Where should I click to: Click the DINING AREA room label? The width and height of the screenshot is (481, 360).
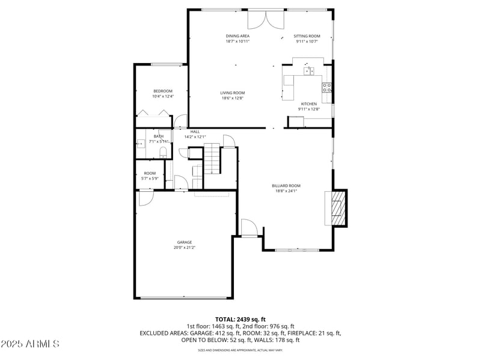pos(237,36)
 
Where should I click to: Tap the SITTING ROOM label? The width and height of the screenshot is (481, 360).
pos(307,36)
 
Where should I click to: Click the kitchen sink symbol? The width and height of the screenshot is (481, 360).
pos(308,72)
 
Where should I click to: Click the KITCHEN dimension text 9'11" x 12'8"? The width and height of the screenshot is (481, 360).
pos(309,109)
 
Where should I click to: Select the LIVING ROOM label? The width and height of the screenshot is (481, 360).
pos(232,93)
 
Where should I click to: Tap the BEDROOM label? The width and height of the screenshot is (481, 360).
pos(162,91)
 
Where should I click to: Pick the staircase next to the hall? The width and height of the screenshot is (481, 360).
pos(213,159)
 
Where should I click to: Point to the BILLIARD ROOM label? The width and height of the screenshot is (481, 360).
pos(286,186)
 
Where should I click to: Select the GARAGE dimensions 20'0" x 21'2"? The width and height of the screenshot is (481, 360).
pos(184,247)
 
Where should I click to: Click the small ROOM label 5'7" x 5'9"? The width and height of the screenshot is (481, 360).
pos(150,175)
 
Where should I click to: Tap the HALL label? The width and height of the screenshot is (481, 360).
pos(195,132)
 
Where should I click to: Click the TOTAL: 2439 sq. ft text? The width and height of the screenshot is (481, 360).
pos(240,319)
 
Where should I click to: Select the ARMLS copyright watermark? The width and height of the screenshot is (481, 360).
pos(30,344)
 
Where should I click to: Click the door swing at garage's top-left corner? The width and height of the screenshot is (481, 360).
pos(145,198)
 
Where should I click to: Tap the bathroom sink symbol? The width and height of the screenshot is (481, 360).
pos(141,143)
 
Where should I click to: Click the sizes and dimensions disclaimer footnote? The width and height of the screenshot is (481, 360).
pos(240,350)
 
